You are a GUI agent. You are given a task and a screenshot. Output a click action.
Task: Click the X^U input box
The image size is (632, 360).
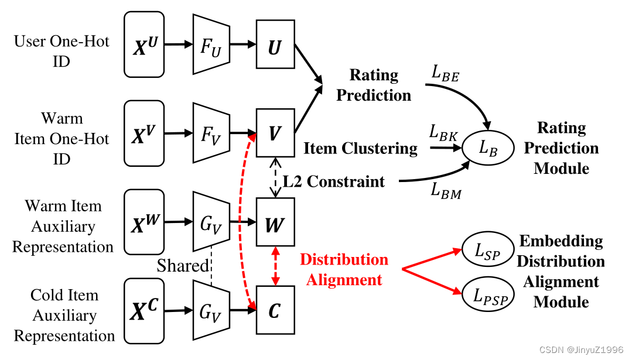(144, 45)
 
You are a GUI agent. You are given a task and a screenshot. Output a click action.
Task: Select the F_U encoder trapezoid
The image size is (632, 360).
(210, 45)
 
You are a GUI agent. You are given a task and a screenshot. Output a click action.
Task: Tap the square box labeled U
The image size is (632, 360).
(275, 45)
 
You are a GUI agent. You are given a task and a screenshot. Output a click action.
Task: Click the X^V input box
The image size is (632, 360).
(144, 134)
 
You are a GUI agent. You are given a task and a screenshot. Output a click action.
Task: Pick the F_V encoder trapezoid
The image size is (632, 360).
(210, 134)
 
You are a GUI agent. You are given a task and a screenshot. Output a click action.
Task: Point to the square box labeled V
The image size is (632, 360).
(275, 134)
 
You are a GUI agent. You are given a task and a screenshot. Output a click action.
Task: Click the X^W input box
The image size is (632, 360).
(144, 223)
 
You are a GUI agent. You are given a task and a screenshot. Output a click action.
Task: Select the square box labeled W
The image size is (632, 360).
(275, 223)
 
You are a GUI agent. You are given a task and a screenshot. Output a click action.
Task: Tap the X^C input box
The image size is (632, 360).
(144, 311)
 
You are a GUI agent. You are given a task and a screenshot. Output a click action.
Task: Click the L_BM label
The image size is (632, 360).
(446, 190)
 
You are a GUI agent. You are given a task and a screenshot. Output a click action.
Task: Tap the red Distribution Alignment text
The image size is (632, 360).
(344, 269)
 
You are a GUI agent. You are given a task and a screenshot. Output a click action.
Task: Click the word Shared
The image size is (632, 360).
(182, 266)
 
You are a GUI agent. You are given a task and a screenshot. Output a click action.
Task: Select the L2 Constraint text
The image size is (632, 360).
(334, 181)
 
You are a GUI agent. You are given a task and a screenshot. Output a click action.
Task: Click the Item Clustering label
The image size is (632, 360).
(360, 149)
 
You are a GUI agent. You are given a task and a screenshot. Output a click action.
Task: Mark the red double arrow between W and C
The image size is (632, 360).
(275, 267)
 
